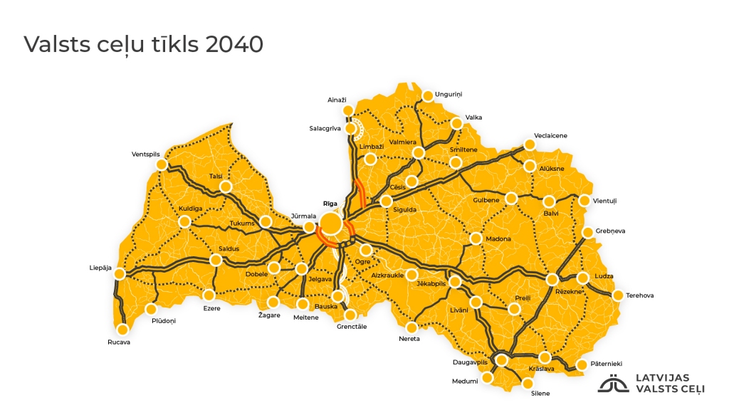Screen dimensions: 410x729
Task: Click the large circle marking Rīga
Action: pos(330,224)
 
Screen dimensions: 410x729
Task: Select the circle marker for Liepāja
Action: pos(120,273)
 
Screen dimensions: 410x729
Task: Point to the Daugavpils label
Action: pos(469,362)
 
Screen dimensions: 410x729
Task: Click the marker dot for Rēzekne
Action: pos(552,279)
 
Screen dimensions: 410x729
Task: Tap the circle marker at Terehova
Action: pos(617,295)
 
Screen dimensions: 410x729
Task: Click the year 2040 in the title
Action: pos(234,44)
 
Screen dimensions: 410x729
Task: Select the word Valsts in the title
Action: pos(54,44)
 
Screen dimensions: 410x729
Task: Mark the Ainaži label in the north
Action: pos(336,100)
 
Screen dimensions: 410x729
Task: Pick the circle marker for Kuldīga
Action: pos(184,221)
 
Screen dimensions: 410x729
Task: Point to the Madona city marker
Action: pos(476,238)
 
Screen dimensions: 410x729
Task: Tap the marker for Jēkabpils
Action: pos(455,282)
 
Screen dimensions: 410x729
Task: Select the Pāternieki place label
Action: pos(606,364)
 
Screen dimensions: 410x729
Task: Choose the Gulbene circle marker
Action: pos(511,198)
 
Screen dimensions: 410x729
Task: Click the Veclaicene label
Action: pos(550,135)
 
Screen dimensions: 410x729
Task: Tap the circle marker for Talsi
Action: pos(226,187)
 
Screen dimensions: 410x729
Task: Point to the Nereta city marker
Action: pos(411,327)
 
